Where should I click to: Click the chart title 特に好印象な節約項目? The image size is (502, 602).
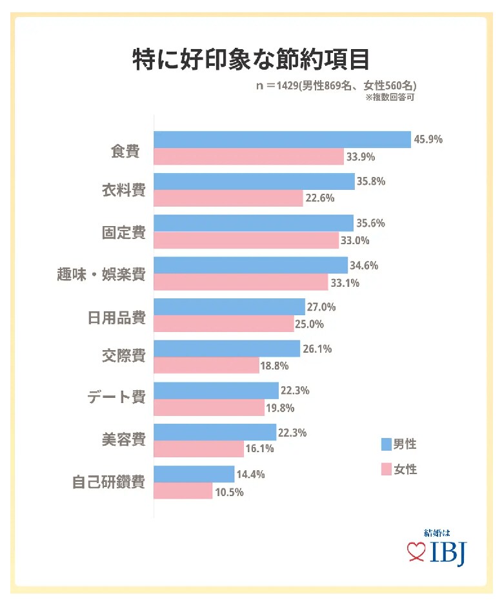coord(251,58)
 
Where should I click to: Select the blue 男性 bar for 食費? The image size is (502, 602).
coord(282,140)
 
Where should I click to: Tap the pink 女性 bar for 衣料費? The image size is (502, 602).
coord(228,198)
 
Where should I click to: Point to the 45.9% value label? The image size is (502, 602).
coord(429,140)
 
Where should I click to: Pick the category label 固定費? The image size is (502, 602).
coord(124,232)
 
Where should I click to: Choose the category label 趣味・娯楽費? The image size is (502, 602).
coord(101,274)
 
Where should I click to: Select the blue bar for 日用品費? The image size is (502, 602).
coord(229,307)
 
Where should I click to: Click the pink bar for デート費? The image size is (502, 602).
coord(209,408)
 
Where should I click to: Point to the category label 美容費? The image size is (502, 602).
coord(124,441)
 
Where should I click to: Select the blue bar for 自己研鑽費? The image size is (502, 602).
coord(194,474)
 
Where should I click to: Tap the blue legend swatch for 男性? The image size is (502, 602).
coord(387,444)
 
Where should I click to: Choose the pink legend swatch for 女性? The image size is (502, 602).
coord(387,469)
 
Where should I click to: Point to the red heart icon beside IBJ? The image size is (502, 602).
coord(414,551)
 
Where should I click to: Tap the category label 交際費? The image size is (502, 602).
coord(124,357)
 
